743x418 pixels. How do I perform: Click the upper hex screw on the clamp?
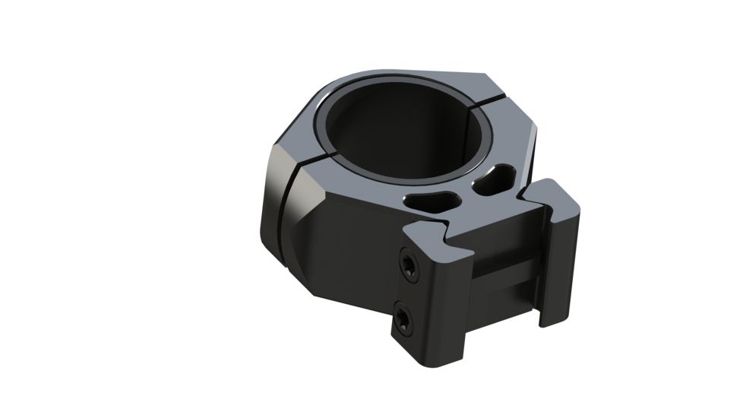click(x=410, y=265)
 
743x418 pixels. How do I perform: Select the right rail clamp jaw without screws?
click(x=558, y=258)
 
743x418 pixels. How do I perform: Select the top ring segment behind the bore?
click(x=410, y=81)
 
